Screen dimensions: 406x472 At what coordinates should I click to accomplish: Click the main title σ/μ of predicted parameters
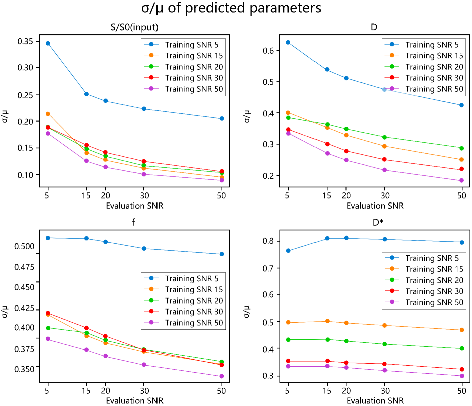235,9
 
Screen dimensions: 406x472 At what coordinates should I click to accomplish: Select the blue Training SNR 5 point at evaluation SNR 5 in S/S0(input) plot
48,43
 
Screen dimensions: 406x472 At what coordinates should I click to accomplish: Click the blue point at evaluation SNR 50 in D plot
461,105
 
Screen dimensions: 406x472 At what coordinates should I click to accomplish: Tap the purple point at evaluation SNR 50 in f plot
221,376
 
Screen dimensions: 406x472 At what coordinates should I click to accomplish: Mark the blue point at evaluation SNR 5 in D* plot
288,251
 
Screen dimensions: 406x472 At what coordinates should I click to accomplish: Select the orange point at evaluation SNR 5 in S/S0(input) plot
48,114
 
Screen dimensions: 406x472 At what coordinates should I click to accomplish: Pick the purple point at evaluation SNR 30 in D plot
385,170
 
